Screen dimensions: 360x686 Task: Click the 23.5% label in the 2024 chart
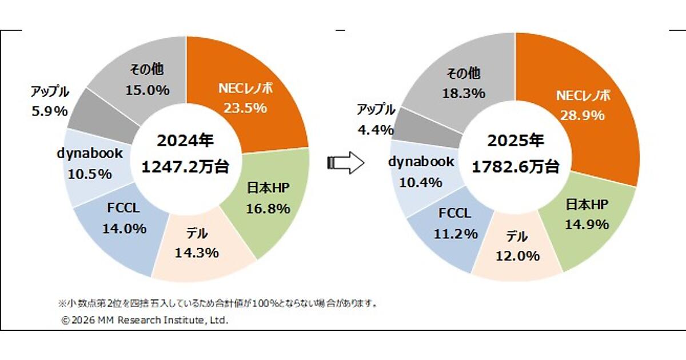tap(246, 107)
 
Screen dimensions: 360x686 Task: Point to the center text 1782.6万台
tap(516, 166)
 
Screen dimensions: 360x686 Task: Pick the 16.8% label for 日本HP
tap(268, 209)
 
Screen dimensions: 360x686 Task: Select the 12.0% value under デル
tap(518, 255)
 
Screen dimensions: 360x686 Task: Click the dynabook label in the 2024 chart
tap(89, 154)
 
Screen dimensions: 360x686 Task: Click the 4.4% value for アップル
tap(375, 129)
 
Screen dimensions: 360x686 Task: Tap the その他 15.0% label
tap(147, 80)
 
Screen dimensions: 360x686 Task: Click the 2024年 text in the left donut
tap(186, 141)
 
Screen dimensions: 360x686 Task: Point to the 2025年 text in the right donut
tap(516, 141)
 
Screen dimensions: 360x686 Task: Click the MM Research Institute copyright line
tap(145, 321)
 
